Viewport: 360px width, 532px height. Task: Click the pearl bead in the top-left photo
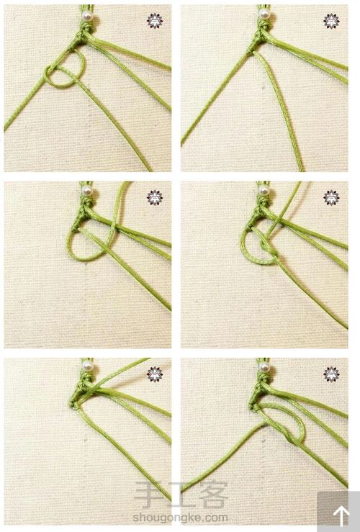click(x=88, y=16)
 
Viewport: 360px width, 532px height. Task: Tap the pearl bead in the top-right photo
click(x=264, y=14)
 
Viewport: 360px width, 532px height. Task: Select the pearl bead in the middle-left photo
click(x=88, y=190)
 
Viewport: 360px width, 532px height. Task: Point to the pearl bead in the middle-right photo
click(x=264, y=190)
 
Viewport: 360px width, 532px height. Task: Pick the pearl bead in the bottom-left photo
click(x=88, y=366)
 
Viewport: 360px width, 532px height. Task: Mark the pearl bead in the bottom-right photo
click(x=264, y=366)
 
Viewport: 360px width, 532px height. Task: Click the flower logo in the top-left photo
click(x=155, y=21)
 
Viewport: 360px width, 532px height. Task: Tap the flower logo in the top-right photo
click(x=331, y=21)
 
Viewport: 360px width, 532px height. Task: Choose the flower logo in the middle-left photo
click(x=155, y=197)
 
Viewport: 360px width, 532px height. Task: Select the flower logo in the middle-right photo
click(x=331, y=197)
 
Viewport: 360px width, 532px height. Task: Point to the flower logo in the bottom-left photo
click(x=155, y=374)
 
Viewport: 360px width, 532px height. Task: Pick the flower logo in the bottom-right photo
click(x=331, y=374)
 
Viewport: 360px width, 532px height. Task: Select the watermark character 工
click(x=181, y=496)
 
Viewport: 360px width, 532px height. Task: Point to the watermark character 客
click(x=213, y=496)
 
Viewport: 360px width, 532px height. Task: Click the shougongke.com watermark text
click(x=180, y=518)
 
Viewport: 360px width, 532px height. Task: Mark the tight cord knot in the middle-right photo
click(x=270, y=248)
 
